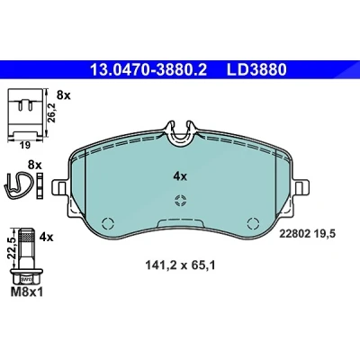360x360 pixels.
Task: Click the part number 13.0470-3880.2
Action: click(x=148, y=70)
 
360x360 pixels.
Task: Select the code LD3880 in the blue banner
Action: click(x=256, y=70)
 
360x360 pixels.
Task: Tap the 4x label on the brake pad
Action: click(x=180, y=176)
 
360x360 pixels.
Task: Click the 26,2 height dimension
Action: click(x=52, y=112)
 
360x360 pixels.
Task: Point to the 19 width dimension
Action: click(x=25, y=146)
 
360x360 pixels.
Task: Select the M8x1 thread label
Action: click(x=27, y=292)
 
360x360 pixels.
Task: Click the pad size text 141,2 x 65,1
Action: click(x=180, y=265)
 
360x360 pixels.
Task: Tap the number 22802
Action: click(x=295, y=234)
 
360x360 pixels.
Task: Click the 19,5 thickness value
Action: click(x=324, y=234)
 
